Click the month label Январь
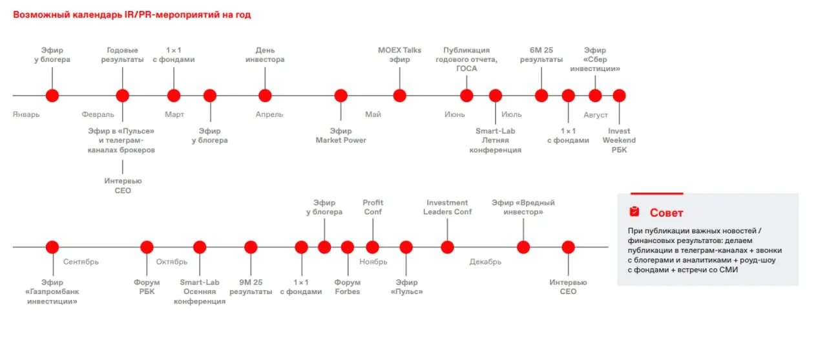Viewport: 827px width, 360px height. point(26,114)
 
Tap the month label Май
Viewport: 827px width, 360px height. point(373,114)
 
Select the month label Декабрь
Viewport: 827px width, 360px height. point(485,262)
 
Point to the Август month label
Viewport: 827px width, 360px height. point(596,115)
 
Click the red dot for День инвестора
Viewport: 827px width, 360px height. point(265,96)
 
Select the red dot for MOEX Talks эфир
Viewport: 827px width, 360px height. point(399,96)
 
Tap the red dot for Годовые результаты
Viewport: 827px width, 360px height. point(123,96)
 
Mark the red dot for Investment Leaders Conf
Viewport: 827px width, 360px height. point(447,247)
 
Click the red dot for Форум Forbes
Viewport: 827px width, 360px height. point(348,247)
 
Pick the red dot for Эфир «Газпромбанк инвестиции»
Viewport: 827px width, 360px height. point(52,247)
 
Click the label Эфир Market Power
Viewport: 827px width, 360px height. point(340,136)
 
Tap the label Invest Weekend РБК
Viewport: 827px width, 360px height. point(619,140)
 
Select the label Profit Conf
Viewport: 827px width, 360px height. point(373,207)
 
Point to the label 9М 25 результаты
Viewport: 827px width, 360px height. point(251,287)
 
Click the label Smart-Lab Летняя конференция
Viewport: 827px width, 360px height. point(496,140)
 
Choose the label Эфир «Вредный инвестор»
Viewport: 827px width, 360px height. point(523,207)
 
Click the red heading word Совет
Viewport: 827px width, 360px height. point(666,213)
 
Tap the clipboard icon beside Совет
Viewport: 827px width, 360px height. point(634,211)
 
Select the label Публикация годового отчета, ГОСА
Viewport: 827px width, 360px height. point(466,59)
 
